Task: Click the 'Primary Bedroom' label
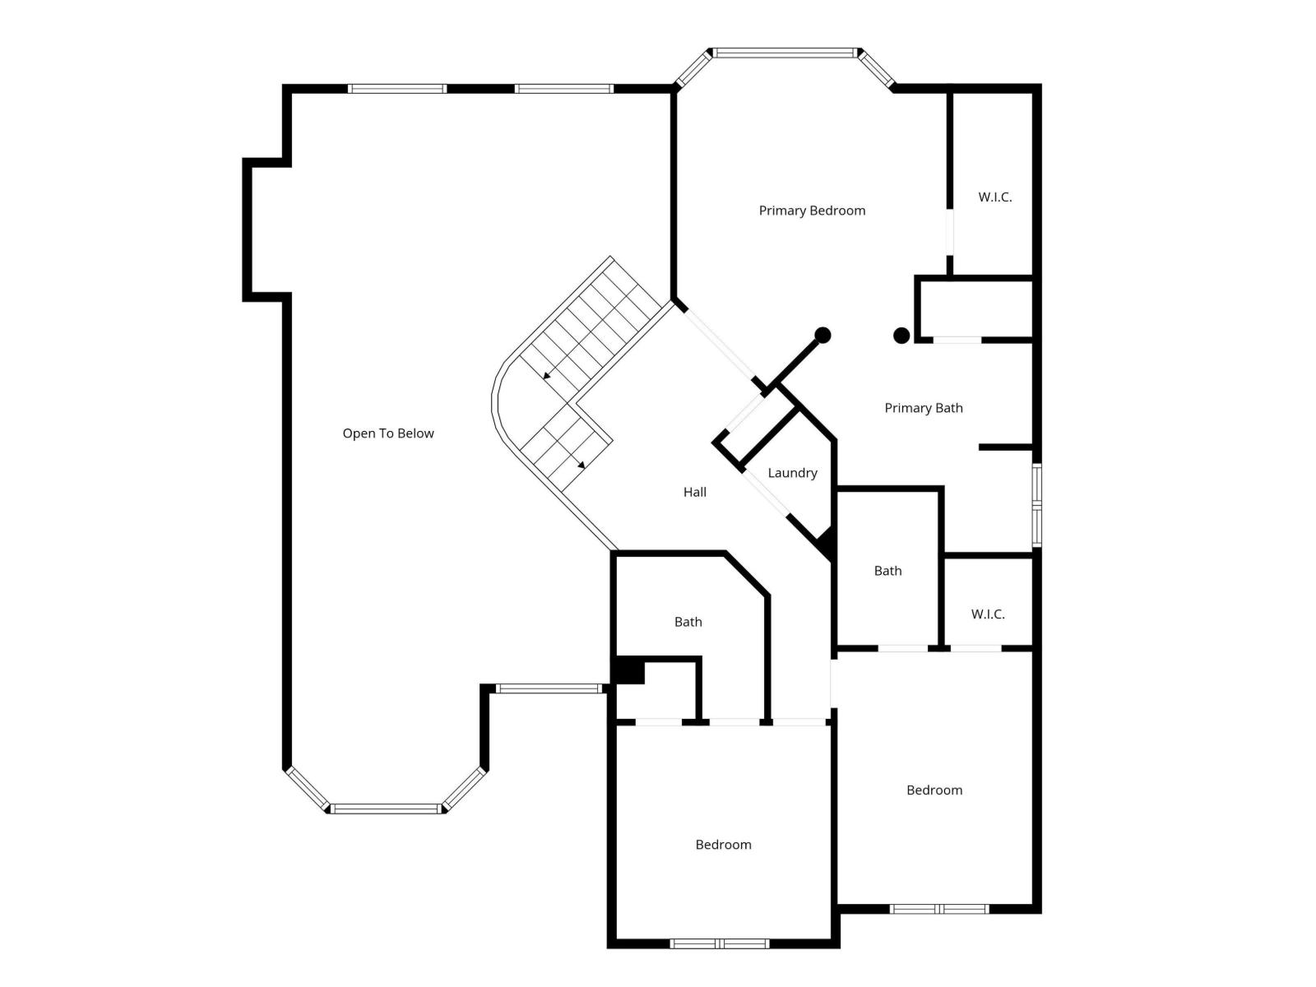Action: tap(812, 211)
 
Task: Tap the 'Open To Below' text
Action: tap(388, 433)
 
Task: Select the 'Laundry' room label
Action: tap(792, 473)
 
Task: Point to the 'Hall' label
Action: tap(695, 492)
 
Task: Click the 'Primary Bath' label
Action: tap(923, 408)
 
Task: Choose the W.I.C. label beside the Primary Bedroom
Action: tap(994, 197)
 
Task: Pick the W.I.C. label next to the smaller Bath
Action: tap(987, 614)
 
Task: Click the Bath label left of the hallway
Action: tap(688, 622)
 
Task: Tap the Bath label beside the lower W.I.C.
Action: tap(887, 571)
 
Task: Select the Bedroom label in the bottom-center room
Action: tap(723, 845)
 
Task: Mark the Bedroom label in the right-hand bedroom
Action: tap(934, 790)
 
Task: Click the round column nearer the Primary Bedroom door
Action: tap(822, 335)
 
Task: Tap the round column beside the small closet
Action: tap(901, 335)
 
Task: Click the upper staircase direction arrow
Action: tap(547, 376)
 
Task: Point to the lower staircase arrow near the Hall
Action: tap(582, 466)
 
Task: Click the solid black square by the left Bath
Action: tap(629, 670)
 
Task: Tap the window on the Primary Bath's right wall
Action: tap(1037, 505)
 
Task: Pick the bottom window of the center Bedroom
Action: tap(719, 943)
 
